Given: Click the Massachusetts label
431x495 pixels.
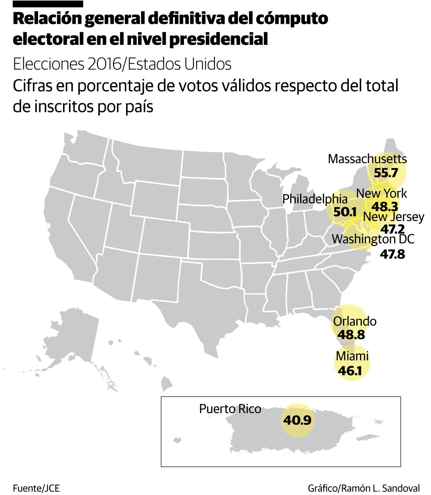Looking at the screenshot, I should tap(367, 159).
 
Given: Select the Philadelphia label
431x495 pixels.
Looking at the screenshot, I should tap(315, 198).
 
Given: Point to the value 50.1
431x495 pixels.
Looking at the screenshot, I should tap(345, 212).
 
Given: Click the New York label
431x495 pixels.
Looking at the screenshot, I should tap(381, 193).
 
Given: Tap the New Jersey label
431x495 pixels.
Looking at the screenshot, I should tap(393, 217).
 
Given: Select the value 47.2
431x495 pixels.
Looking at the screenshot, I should tap(392, 229).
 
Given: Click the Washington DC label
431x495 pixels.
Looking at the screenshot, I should tap(373, 239).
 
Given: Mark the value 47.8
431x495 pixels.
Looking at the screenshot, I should tap(392, 254).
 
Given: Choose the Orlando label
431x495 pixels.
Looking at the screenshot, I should tap(354, 321).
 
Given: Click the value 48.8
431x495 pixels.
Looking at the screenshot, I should tap(351, 335).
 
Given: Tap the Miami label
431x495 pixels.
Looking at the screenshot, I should tap(352, 356).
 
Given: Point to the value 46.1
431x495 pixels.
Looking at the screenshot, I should tap(350, 370).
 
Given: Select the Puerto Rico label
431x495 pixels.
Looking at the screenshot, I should tap(230, 409).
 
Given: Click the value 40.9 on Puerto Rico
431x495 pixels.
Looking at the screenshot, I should tap(297, 420).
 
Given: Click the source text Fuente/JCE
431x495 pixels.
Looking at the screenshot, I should tap(36, 488).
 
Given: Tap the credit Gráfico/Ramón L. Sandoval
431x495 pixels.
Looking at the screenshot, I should tap(363, 488).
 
